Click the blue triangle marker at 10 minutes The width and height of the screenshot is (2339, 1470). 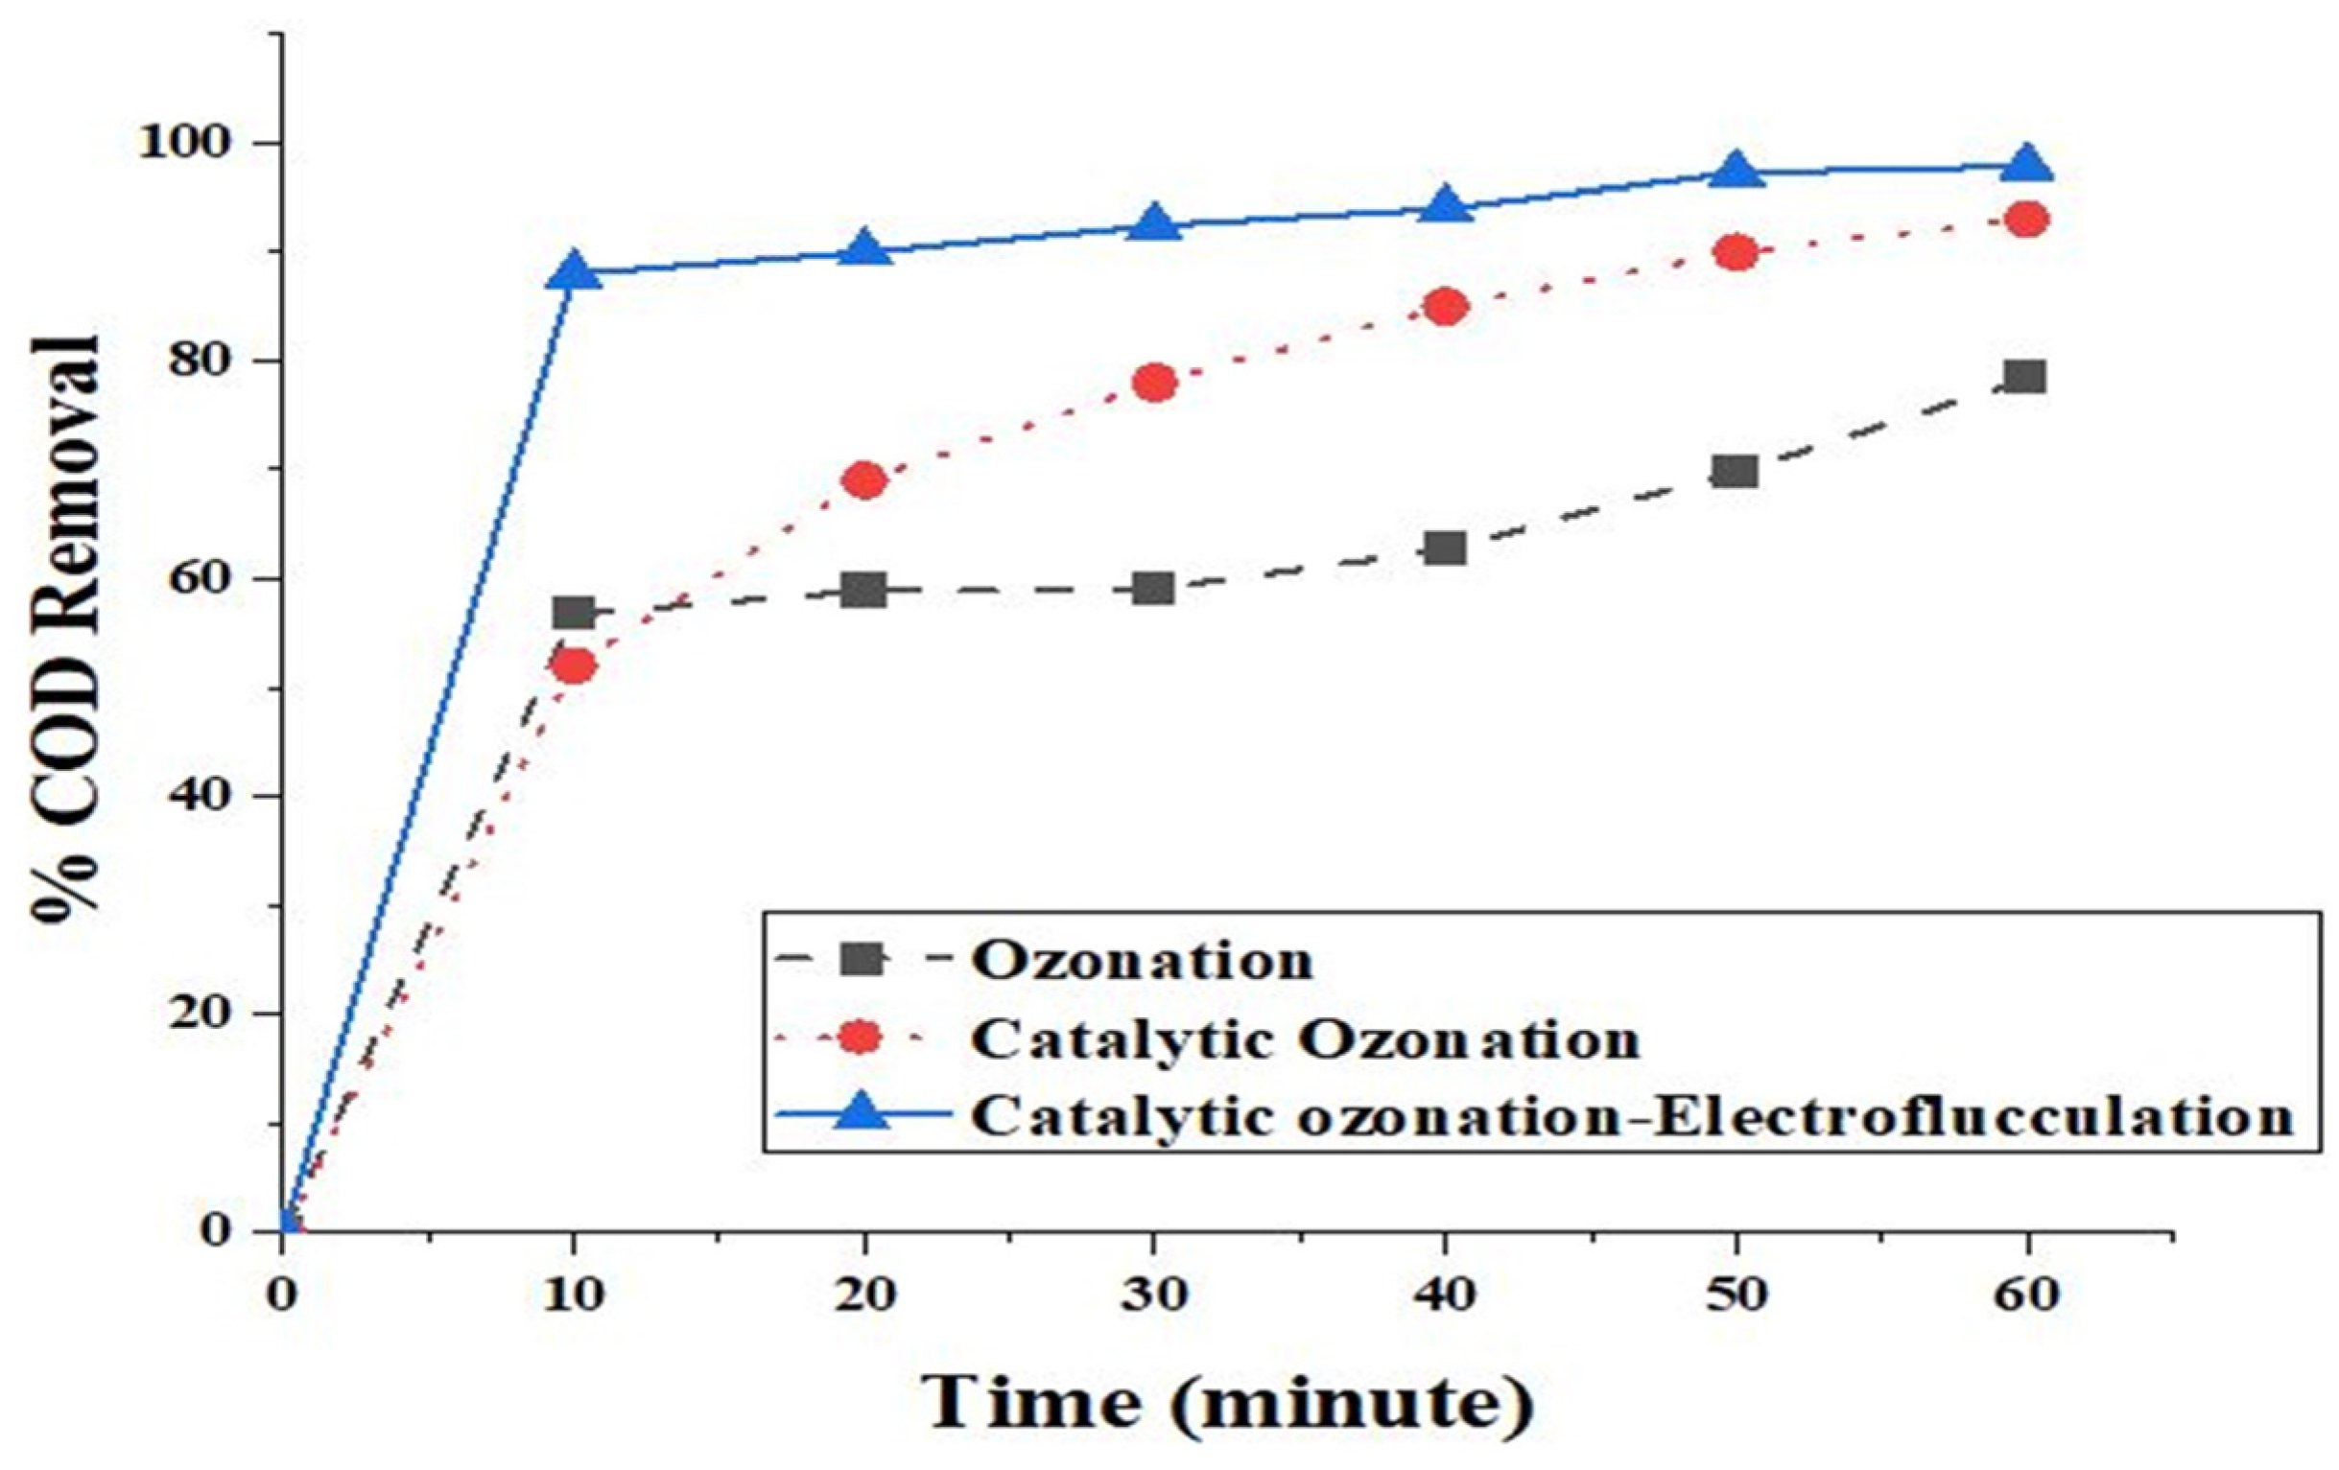pyautogui.click(x=573, y=272)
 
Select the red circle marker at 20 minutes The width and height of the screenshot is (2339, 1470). pyautogui.click(x=864, y=480)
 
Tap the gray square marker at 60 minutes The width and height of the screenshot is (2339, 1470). pyautogui.click(x=2027, y=377)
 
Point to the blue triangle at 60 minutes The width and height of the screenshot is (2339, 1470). pyautogui.click(x=2027, y=165)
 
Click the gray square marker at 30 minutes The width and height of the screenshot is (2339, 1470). pyautogui.click(x=1155, y=589)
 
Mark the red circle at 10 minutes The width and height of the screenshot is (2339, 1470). pyautogui.click(x=573, y=666)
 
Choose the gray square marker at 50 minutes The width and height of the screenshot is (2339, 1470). pyautogui.click(x=1736, y=472)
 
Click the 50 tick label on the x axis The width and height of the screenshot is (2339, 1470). pyautogui.click(x=1736, y=1297)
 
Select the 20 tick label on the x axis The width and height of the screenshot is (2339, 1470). pyautogui.click(x=864, y=1297)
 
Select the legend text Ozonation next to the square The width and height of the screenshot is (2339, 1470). pyautogui.click(x=1145, y=961)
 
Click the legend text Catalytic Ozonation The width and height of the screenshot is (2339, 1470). pyautogui.click(x=1307, y=1039)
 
